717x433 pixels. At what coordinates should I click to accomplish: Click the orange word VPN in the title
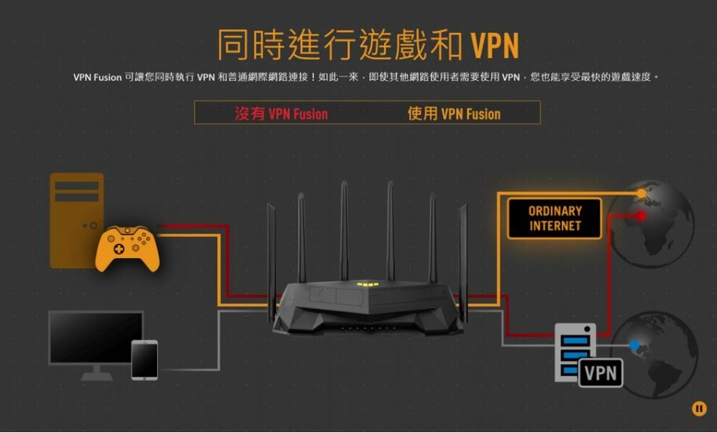(495, 45)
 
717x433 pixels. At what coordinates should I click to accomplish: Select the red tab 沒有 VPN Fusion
(281, 114)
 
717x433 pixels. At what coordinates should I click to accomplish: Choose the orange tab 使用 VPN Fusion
(453, 114)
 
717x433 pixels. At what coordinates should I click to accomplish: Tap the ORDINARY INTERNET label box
(554, 218)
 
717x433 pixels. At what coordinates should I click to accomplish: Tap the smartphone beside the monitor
(144, 359)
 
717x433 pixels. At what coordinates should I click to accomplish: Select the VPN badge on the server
(601, 373)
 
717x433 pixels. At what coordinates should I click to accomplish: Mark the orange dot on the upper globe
(642, 193)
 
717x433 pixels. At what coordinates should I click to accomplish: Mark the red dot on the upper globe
(641, 215)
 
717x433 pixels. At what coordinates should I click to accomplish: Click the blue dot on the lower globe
(635, 344)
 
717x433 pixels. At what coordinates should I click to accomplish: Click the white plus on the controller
(118, 249)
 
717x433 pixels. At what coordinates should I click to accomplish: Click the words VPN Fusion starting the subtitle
(97, 77)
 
